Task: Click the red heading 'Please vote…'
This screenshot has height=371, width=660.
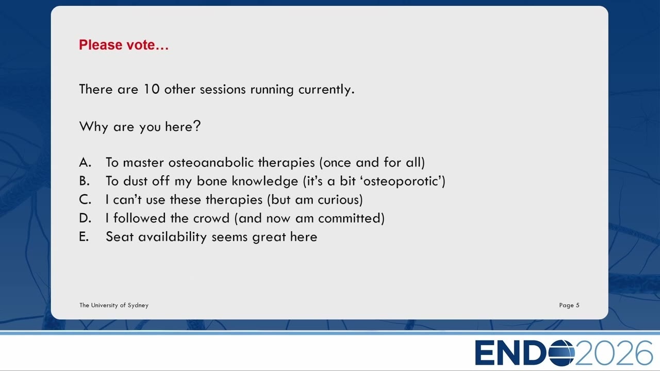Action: (x=124, y=45)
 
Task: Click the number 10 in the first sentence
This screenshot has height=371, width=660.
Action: (x=152, y=89)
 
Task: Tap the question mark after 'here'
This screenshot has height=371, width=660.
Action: (x=197, y=126)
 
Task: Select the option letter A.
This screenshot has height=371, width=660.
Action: (x=85, y=162)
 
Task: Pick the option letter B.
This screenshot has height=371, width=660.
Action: (x=84, y=181)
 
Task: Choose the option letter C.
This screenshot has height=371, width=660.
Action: (x=85, y=199)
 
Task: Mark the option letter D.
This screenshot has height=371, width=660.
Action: (x=85, y=218)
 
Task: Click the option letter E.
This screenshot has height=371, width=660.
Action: (x=84, y=237)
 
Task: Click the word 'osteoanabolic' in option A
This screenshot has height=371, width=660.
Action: (x=211, y=162)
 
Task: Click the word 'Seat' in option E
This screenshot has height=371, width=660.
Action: (x=120, y=237)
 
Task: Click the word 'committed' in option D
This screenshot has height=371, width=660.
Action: (x=349, y=218)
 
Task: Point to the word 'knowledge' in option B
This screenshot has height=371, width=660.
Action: (x=265, y=181)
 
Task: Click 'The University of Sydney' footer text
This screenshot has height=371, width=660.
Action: (x=114, y=306)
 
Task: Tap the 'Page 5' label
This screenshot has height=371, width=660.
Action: (x=569, y=306)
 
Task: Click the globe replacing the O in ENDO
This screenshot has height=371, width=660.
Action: (x=562, y=353)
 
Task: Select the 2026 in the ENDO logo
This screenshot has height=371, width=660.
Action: (x=614, y=353)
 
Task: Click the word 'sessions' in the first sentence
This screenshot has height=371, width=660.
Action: (x=222, y=90)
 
